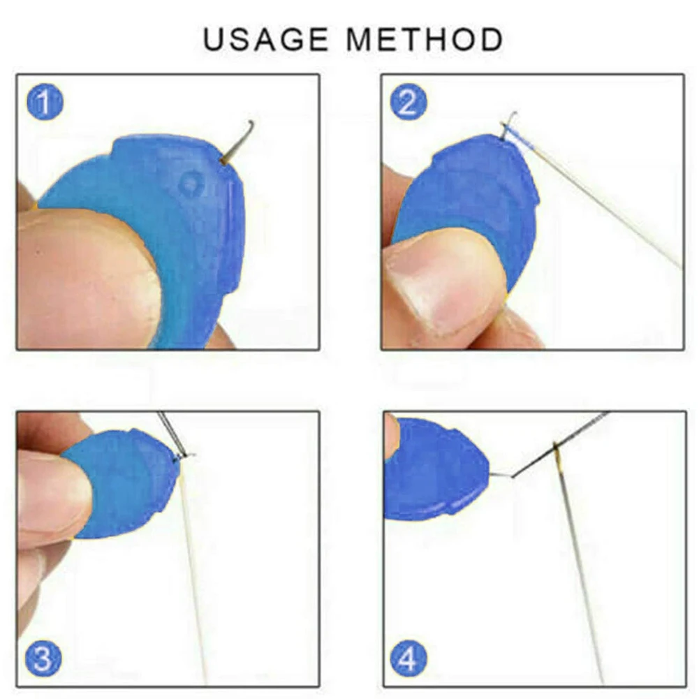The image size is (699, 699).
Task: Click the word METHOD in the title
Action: (425, 40)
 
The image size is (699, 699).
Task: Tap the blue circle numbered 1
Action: (45, 103)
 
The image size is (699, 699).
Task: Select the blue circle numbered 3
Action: (45, 658)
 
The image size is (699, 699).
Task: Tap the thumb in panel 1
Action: (84, 279)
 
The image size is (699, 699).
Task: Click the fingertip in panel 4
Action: (391, 436)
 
